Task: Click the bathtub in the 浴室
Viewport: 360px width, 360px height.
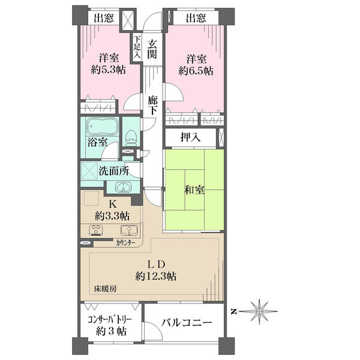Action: click(x=103, y=127)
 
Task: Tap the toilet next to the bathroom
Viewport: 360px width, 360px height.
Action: click(x=131, y=137)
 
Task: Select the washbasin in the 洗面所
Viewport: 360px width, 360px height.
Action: click(x=123, y=187)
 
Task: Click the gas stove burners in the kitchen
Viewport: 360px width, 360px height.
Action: click(x=97, y=230)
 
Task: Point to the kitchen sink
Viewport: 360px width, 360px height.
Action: click(x=130, y=230)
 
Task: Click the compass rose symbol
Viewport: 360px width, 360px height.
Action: click(x=259, y=311)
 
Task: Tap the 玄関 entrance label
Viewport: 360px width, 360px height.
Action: click(x=152, y=49)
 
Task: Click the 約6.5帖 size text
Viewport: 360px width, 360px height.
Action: click(x=196, y=71)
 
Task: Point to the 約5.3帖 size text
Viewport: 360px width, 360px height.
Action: click(x=108, y=70)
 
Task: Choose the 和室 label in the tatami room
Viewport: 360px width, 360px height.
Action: click(x=194, y=190)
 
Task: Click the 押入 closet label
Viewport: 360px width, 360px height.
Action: click(x=190, y=137)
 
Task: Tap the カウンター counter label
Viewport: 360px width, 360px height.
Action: click(x=125, y=243)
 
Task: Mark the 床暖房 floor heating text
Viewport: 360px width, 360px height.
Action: click(x=105, y=289)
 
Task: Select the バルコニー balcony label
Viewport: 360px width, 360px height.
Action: click(x=186, y=323)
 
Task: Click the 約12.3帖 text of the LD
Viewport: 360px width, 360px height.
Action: click(x=156, y=276)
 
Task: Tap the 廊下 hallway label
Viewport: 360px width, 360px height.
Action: click(x=152, y=106)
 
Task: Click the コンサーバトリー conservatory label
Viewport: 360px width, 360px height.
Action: click(x=110, y=320)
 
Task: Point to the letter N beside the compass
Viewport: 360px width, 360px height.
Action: click(x=234, y=311)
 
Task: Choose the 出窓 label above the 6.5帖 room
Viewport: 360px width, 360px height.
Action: click(x=196, y=17)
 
